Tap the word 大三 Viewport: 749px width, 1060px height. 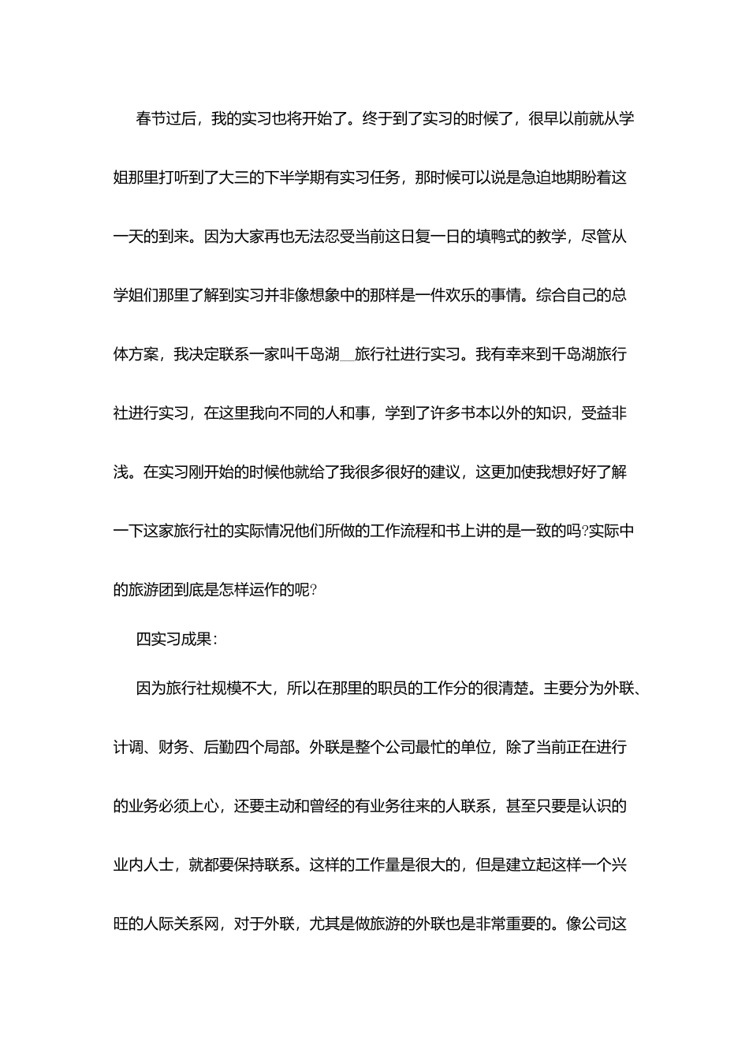[242, 178]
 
